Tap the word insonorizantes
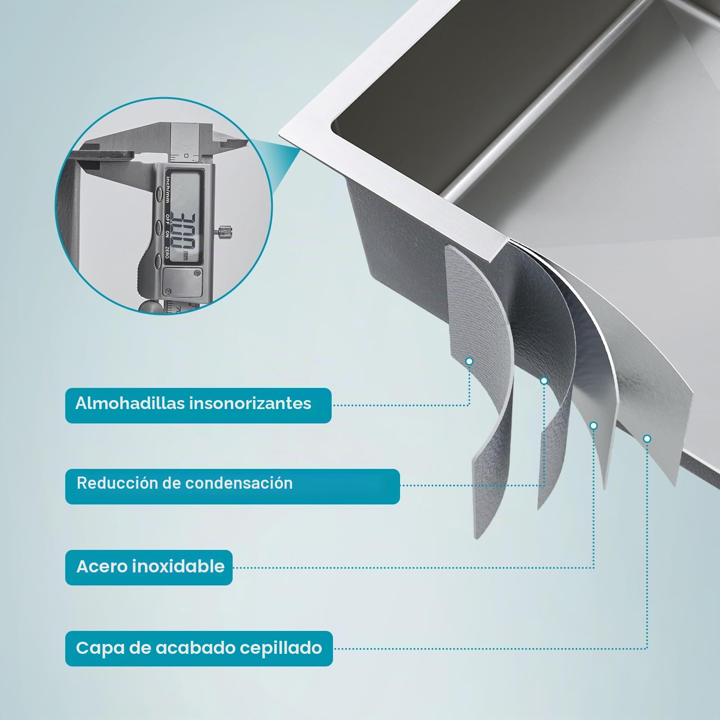click(250, 403)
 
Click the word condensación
click(239, 483)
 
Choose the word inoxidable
click(178, 566)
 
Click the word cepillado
click(281, 648)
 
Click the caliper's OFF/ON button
click(159, 228)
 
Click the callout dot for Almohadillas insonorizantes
click(469, 361)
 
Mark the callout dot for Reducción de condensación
click(544, 381)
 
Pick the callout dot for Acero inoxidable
click(594, 425)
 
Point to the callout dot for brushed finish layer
click(647, 438)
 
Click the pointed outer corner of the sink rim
click(279, 133)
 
